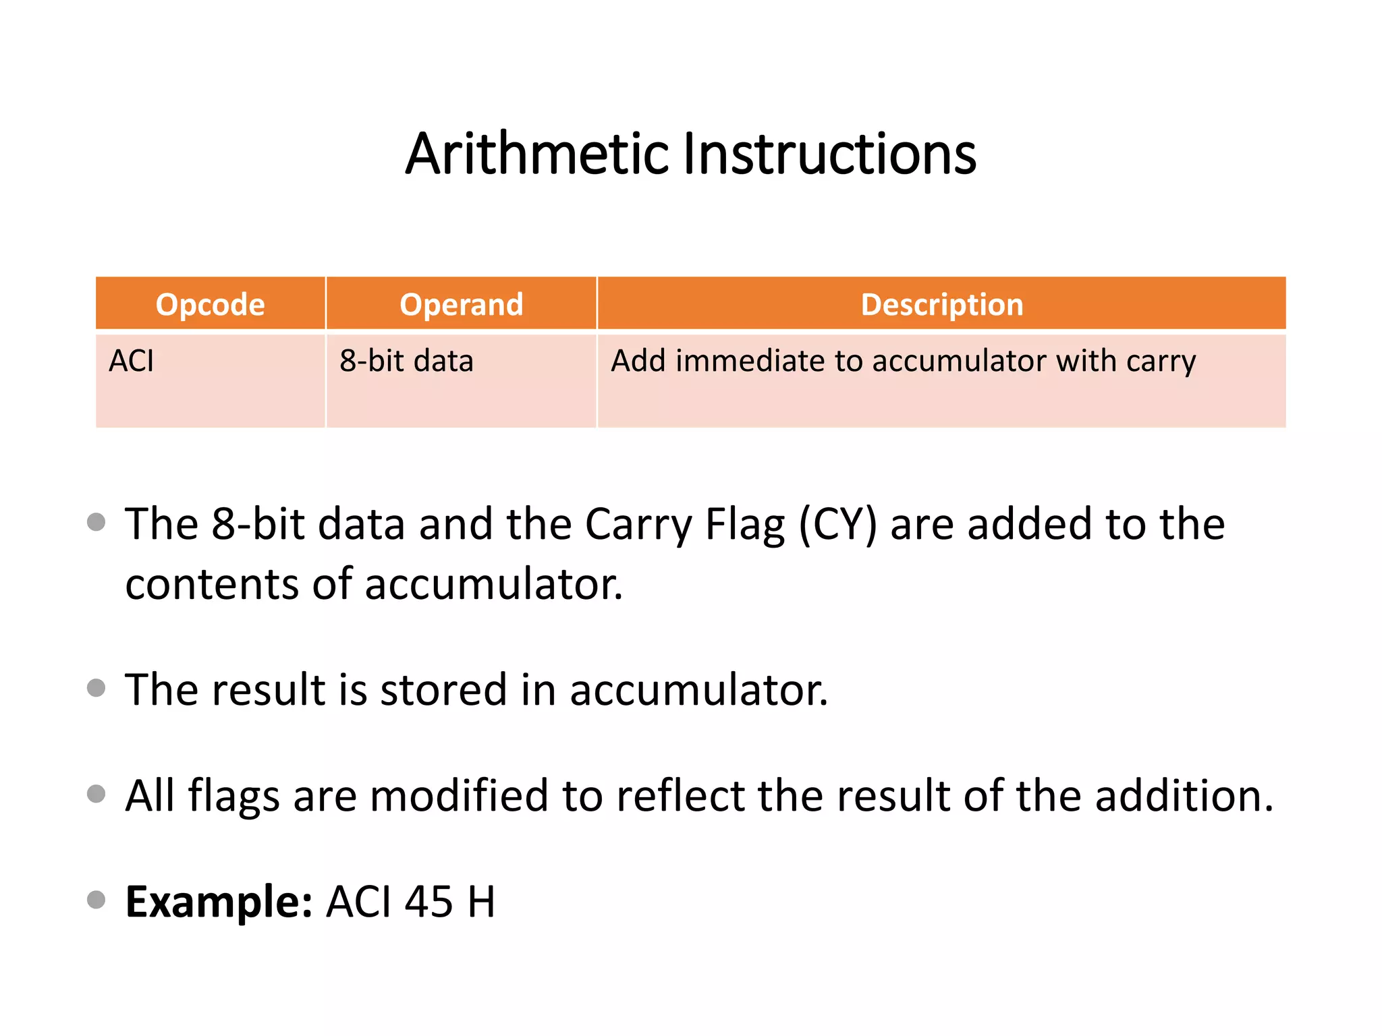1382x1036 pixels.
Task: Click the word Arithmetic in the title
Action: click(x=537, y=154)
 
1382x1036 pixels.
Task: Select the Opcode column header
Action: click(x=210, y=304)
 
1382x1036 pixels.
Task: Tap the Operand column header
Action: click(x=462, y=304)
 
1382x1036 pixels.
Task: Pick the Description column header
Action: click(x=942, y=304)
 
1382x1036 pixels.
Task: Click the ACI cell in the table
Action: click(x=132, y=361)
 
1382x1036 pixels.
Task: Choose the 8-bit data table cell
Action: click(x=406, y=361)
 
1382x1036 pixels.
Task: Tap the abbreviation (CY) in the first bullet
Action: click(x=838, y=525)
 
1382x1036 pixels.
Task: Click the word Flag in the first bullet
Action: click(x=745, y=525)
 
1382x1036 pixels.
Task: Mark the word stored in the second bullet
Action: click(x=443, y=690)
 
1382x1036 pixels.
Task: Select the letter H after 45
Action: click(x=481, y=902)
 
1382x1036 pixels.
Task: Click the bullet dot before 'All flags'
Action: click(x=96, y=793)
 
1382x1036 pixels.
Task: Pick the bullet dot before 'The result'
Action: click(x=96, y=687)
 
